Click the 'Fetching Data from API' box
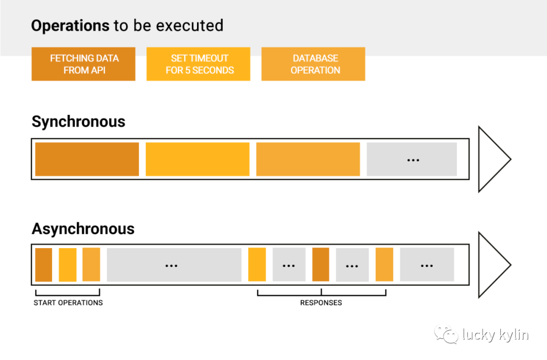84,64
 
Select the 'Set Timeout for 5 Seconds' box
198,64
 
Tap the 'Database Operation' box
314,64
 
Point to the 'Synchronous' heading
79,122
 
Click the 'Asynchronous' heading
83,229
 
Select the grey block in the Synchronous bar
412,159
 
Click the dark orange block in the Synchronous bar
87,159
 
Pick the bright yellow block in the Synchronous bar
198,159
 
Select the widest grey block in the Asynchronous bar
174,265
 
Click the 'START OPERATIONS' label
68,303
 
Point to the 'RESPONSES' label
321,303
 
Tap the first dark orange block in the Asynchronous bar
44,265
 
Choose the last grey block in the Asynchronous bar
427,265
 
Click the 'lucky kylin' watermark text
495,335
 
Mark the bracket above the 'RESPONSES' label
321,296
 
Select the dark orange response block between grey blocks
321,265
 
